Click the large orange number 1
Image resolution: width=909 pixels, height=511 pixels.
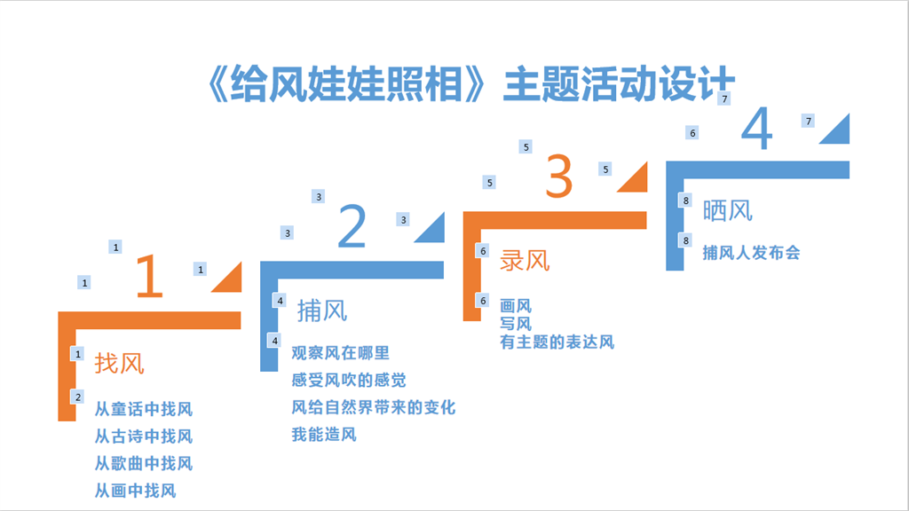click(x=150, y=277)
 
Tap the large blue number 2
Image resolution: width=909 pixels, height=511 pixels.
click(x=352, y=226)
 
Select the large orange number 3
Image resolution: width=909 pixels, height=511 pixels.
click(x=559, y=177)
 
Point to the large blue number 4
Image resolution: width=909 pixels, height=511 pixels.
click(x=757, y=128)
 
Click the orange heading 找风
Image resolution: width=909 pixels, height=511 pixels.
click(x=120, y=363)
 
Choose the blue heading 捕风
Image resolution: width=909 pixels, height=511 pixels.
click(x=322, y=311)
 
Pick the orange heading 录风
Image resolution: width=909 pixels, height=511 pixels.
click(x=525, y=261)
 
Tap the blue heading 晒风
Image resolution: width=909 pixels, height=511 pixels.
click(x=728, y=211)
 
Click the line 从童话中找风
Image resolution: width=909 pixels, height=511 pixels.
click(x=144, y=409)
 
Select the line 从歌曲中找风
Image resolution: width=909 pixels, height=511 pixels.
click(x=144, y=463)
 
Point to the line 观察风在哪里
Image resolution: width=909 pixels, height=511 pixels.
click(x=340, y=353)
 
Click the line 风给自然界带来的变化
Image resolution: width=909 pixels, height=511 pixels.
click(x=374, y=407)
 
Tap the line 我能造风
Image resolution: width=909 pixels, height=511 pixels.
click(x=324, y=435)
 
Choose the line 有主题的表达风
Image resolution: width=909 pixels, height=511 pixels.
click(x=557, y=342)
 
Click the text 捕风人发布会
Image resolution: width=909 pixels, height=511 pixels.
click(x=751, y=253)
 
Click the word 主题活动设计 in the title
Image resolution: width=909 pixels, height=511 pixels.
click(x=619, y=84)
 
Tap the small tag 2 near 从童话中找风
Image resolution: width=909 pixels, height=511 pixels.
click(x=78, y=397)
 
